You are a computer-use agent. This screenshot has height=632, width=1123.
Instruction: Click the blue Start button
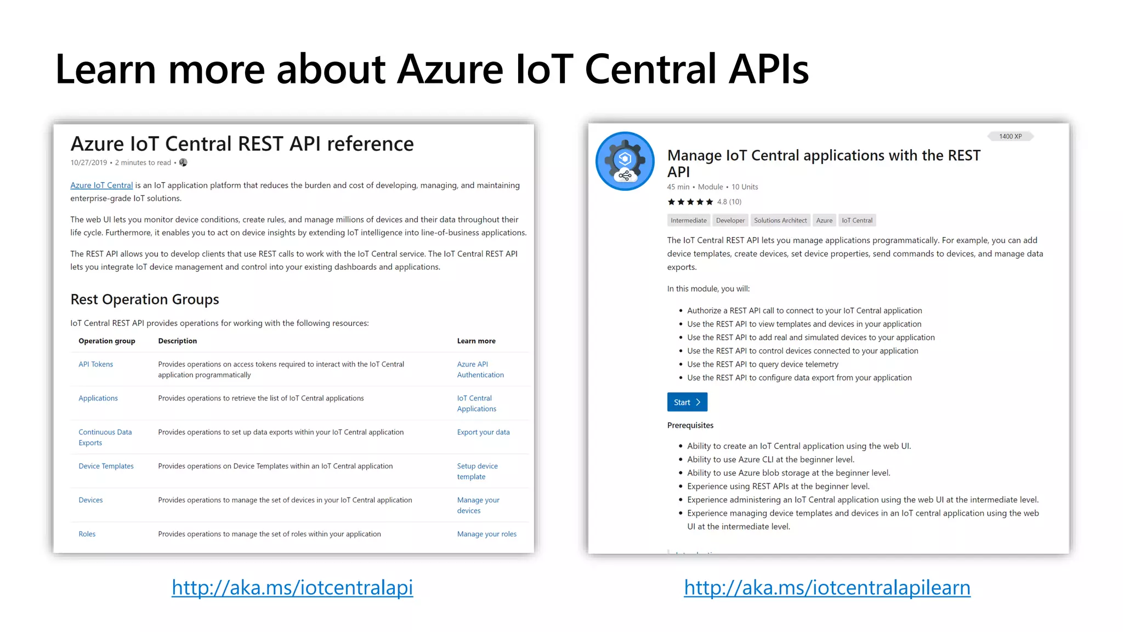687,402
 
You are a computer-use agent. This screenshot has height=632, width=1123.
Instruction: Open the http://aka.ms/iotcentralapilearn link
827,588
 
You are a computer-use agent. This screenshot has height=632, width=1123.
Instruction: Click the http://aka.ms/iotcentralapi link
292,588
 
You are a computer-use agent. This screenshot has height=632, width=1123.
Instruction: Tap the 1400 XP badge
1010,137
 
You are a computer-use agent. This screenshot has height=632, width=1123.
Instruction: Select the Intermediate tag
688,221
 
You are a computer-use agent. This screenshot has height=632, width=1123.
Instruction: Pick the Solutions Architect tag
780,221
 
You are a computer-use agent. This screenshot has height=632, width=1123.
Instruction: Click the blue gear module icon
625,161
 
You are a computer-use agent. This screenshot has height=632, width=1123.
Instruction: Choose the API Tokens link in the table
95,364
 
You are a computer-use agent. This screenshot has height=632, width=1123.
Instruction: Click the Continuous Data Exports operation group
105,437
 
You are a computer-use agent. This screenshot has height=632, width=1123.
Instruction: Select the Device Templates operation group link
106,466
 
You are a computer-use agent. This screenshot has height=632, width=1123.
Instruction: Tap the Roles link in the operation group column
87,534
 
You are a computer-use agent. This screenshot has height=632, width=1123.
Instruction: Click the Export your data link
483,432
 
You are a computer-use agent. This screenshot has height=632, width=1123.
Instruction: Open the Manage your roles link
486,534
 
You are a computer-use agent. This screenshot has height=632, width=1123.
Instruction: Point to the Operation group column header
106,341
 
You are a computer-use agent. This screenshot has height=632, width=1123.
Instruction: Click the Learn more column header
476,341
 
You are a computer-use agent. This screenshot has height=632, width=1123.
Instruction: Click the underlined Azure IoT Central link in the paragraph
101,185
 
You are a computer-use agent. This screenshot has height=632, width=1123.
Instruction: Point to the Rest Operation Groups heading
145,300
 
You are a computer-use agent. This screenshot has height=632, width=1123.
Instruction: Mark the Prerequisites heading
690,425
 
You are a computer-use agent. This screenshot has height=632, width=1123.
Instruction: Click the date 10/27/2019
88,163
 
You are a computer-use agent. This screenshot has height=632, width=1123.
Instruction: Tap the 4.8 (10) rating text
729,202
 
